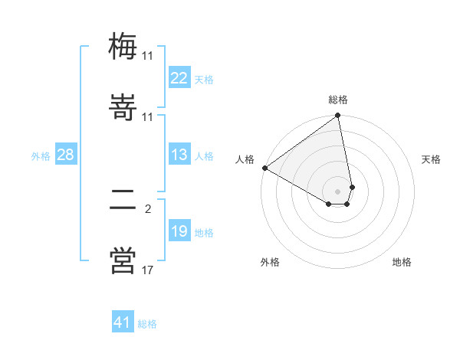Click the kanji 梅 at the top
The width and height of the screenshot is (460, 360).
click(123, 46)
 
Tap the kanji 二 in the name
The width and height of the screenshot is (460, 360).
click(123, 202)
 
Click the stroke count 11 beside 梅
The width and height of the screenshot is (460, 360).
click(147, 56)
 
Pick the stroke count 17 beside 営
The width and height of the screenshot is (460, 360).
click(147, 270)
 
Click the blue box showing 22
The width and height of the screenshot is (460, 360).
click(179, 78)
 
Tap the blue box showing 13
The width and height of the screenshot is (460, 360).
click(179, 155)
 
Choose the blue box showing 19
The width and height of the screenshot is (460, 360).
click(179, 231)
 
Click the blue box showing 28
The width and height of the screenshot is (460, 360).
click(65, 155)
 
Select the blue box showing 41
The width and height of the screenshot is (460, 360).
click(123, 322)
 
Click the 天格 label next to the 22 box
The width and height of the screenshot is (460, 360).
click(204, 79)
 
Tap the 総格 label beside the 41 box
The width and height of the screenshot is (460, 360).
click(147, 324)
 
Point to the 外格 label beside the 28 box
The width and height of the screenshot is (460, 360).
click(41, 156)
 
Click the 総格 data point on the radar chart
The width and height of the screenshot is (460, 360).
click(338, 116)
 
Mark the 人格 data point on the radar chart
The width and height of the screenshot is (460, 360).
click(264, 168)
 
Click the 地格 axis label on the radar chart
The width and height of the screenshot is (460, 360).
click(402, 262)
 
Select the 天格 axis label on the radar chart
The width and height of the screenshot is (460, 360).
click(431, 159)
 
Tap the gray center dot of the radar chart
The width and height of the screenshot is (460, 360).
click(338, 191)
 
